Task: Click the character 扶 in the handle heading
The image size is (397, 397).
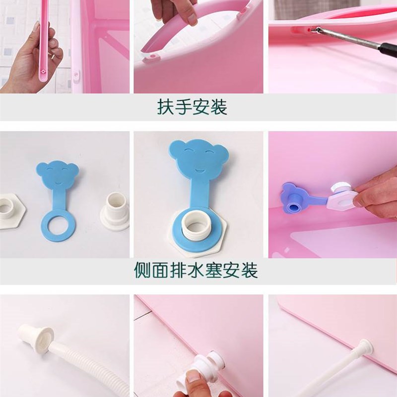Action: click(166, 107)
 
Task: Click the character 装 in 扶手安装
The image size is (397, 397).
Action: click(218, 107)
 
